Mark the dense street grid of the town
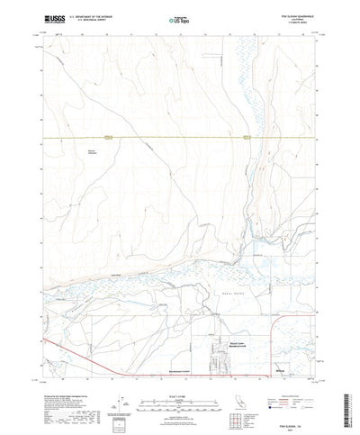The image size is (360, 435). pos(219,358)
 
